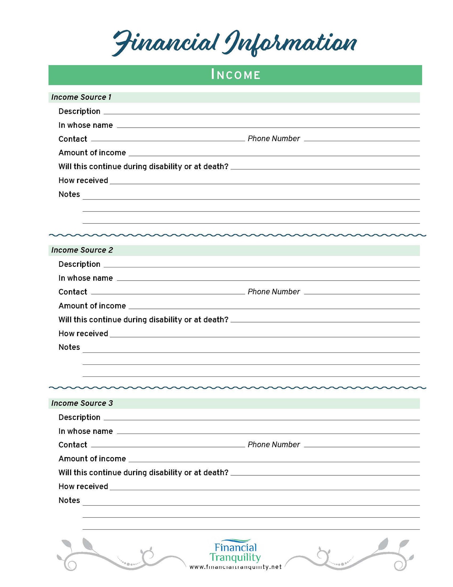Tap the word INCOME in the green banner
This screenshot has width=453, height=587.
tap(235, 75)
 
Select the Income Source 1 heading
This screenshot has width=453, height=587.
tap(81, 97)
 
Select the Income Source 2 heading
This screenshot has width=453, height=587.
tap(82, 250)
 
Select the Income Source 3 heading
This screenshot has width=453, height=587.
tap(82, 403)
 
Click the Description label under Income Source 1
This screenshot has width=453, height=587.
tap(79, 111)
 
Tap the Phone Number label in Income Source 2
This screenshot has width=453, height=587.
tap(274, 292)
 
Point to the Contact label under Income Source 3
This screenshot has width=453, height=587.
tap(73, 444)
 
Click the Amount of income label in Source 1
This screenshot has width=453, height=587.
tap(92, 153)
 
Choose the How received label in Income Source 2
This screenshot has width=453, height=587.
tap(83, 333)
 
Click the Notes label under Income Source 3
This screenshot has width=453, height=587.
tap(69, 500)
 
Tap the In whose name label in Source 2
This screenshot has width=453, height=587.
tap(86, 278)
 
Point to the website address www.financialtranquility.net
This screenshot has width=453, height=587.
tap(235, 567)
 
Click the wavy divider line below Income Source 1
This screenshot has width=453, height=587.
tap(237, 235)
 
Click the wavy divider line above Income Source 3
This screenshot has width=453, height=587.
tap(237, 388)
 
